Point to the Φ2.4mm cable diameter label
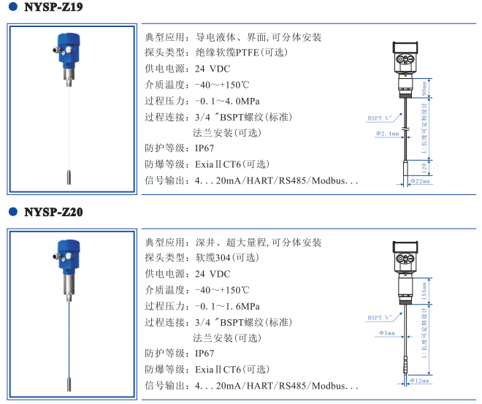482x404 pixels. [387, 134]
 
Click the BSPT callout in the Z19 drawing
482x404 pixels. [379, 116]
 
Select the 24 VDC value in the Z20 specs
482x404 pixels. [212, 274]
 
